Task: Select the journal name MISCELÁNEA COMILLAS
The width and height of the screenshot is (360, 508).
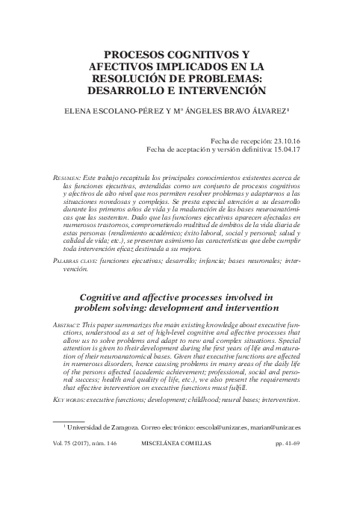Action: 177,484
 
